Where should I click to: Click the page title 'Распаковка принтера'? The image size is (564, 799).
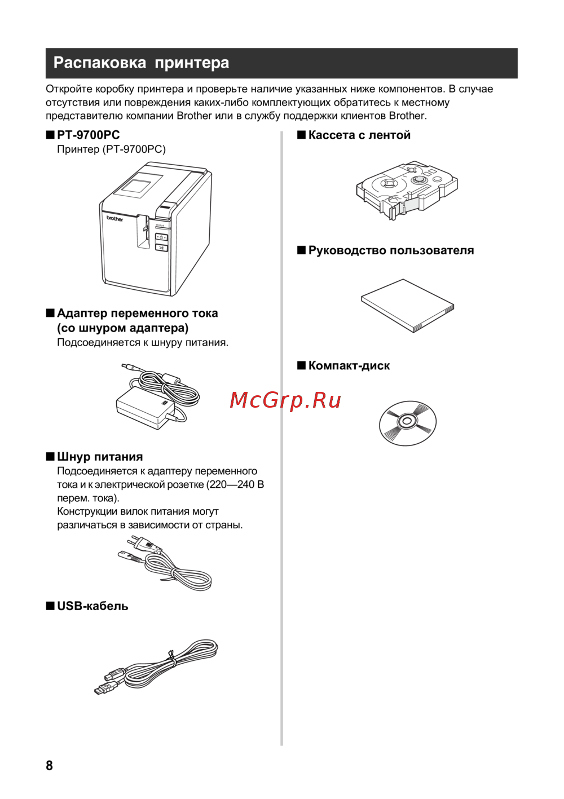click(x=141, y=63)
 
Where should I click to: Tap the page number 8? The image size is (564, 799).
click(x=49, y=766)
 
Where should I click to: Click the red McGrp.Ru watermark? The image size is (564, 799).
click(x=285, y=400)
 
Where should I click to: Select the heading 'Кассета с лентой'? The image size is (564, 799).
click(x=359, y=135)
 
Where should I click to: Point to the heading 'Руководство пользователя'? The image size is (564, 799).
click(x=391, y=250)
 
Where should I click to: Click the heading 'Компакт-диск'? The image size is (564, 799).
click(x=349, y=365)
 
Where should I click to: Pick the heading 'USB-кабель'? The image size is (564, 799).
click(x=92, y=606)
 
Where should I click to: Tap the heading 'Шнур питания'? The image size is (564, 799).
click(x=100, y=457)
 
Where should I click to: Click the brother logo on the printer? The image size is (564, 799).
click(x=115, y=218)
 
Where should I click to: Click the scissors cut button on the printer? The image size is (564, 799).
click(x=161, y=247)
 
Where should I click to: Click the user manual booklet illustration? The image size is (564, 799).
click(x=407, y=306)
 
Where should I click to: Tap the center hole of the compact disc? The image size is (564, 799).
click(x=407, y=421)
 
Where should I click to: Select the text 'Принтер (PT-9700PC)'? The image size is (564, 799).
click(x=111, y=149)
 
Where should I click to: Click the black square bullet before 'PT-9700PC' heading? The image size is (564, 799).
click(x=50, y=135)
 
